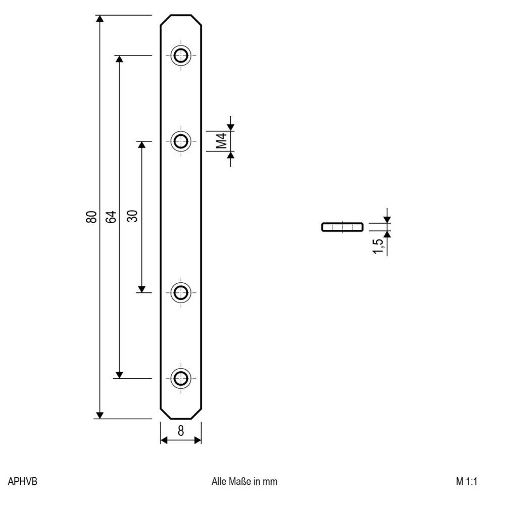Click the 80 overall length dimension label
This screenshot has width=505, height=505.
[x=91, y=217]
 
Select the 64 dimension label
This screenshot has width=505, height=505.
[x=111, y=217]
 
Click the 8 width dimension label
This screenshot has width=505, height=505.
[x=181, y=431]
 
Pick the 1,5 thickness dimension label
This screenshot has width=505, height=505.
[x=378, y=246]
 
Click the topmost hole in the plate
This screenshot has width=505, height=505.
[x=180, y=56]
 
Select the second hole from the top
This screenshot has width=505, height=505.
[x=180, y=141]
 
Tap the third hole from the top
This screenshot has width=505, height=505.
[x=180, y=292]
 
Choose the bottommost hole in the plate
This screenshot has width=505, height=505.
[x=180, y=378]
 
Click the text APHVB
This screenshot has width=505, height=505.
[x=23, y=481]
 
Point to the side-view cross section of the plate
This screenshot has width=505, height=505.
[x=342, y=227]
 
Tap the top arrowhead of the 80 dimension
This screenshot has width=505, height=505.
[x=100, y=19]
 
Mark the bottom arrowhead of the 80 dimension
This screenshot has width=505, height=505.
[x=100, y=415]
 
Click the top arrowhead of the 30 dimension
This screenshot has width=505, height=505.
[x=142, y=145]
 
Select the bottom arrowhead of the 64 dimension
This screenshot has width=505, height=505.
[x=119, y=375]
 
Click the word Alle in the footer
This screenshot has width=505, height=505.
[x=219, y=481]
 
